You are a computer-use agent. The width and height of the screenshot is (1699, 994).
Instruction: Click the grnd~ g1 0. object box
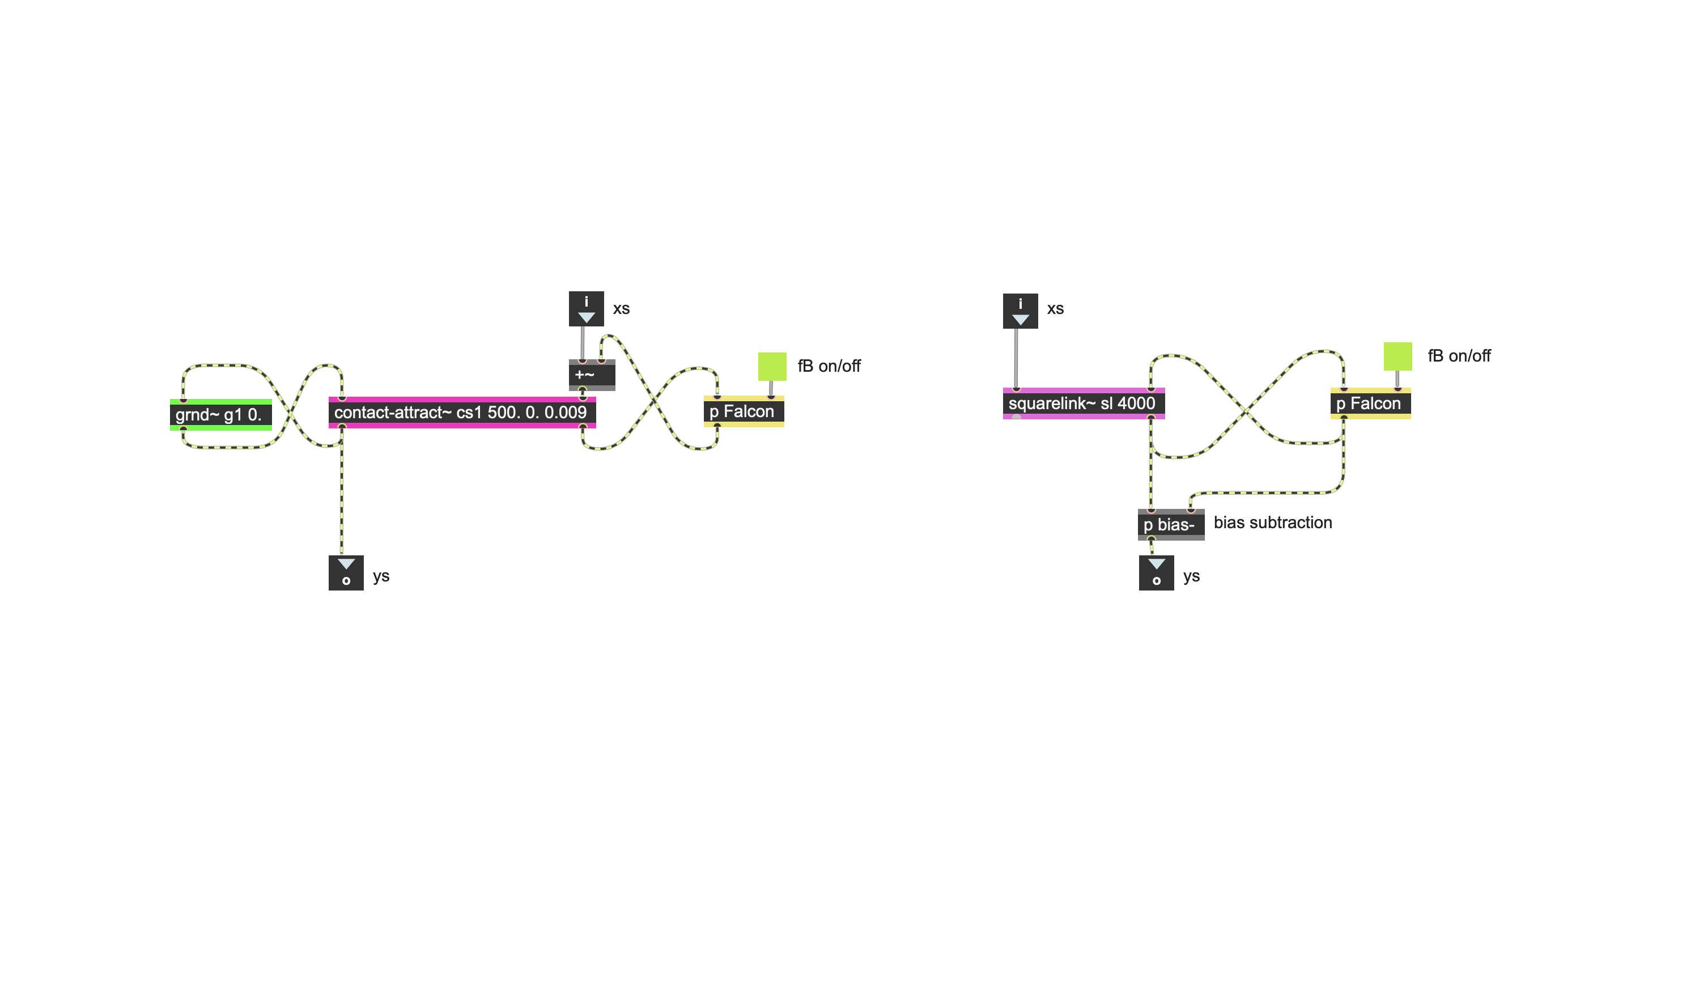(220, 414)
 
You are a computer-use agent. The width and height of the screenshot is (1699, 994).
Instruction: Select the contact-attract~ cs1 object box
(461, 412)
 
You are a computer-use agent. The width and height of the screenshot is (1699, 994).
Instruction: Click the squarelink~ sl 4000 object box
(1083, 403)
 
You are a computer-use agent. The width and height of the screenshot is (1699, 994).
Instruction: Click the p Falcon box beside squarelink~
(1369, 403)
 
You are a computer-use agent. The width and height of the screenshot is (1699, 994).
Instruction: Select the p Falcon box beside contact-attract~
(743, 411)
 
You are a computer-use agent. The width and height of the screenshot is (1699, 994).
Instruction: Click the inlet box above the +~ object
(585, 309)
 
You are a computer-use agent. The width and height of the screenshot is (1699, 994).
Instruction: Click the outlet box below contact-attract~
(345, 572)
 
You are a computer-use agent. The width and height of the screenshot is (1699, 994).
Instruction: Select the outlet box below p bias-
(1156, 572)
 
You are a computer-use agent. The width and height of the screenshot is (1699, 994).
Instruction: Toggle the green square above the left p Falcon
(771, 366)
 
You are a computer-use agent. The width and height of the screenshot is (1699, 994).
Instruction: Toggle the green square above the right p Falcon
(1397, 356)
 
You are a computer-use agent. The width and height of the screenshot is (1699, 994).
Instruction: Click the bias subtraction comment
(1272, 523)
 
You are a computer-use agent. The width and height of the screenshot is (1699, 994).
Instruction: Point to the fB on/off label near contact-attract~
(829, 366)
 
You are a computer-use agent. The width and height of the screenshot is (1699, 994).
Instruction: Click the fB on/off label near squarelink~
(1458, 356)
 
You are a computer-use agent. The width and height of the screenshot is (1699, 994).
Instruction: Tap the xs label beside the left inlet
(621, 309)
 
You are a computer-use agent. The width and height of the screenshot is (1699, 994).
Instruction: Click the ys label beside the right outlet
(1191, 576)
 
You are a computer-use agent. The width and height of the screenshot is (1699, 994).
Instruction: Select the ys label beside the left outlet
(381, 576)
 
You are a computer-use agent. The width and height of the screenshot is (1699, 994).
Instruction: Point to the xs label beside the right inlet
(1055, 309)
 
